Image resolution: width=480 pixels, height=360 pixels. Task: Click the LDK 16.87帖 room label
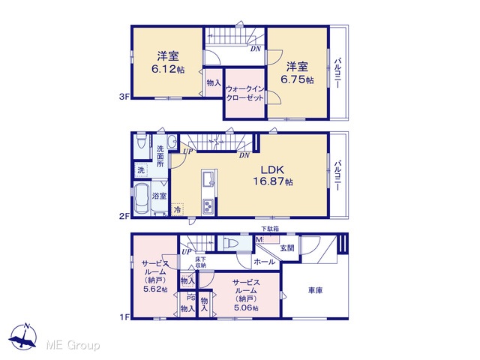coord(272,175)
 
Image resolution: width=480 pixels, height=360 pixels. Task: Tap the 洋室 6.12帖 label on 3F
coord(168,63)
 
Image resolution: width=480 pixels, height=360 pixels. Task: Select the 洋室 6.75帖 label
coord(297,73)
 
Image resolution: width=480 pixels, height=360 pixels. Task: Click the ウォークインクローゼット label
coord(244,94)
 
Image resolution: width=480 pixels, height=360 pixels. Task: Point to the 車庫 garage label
coord(315,290)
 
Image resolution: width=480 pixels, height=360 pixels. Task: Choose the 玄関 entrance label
coord(287,247)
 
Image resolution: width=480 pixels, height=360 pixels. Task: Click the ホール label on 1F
coord(265,262)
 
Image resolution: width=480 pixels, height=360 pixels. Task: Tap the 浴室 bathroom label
coord(159,196)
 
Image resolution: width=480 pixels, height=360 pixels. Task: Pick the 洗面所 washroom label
coord(160,156)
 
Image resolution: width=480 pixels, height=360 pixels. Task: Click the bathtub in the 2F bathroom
coord(142,198)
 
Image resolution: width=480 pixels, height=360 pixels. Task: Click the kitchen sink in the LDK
coord(208,178)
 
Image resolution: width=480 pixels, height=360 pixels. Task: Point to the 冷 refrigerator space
coord(177,210)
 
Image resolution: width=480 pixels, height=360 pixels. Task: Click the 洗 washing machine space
coord(141,170)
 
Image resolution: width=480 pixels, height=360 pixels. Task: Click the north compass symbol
coord(23,336)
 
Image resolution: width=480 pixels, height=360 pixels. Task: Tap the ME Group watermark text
coord(73,346)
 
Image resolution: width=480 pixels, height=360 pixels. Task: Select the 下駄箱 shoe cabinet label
coord(270,229)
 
